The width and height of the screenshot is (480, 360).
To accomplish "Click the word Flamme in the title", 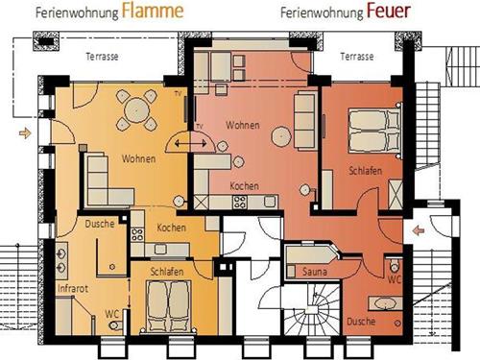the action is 153,11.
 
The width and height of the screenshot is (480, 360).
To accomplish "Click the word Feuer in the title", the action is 388,11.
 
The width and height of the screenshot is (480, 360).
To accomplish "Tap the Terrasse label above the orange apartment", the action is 102,57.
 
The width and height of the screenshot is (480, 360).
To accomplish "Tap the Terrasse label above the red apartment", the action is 357,57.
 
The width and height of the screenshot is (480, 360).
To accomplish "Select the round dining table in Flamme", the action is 136,110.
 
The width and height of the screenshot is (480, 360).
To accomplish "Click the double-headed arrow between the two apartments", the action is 191,143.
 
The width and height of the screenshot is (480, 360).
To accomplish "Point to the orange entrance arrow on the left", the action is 25,132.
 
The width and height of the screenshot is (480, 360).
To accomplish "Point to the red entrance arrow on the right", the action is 419,230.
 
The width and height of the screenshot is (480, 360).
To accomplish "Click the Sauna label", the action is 315,272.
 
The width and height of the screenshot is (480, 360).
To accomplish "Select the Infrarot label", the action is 73,289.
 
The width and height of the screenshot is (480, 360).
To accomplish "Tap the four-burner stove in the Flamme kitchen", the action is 137,234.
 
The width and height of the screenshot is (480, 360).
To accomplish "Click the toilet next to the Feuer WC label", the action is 395,265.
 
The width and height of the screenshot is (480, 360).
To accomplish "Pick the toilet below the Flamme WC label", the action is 115,325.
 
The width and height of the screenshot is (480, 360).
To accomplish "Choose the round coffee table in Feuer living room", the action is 281,136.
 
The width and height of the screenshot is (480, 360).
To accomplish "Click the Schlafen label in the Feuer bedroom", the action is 365,171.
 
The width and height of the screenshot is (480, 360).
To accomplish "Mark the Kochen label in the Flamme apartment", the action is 171,228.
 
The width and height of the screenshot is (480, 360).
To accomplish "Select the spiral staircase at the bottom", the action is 311,310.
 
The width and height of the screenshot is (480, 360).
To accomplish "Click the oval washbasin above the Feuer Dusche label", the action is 385,303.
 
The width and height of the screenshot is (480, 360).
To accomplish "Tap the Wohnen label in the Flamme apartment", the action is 138,158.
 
